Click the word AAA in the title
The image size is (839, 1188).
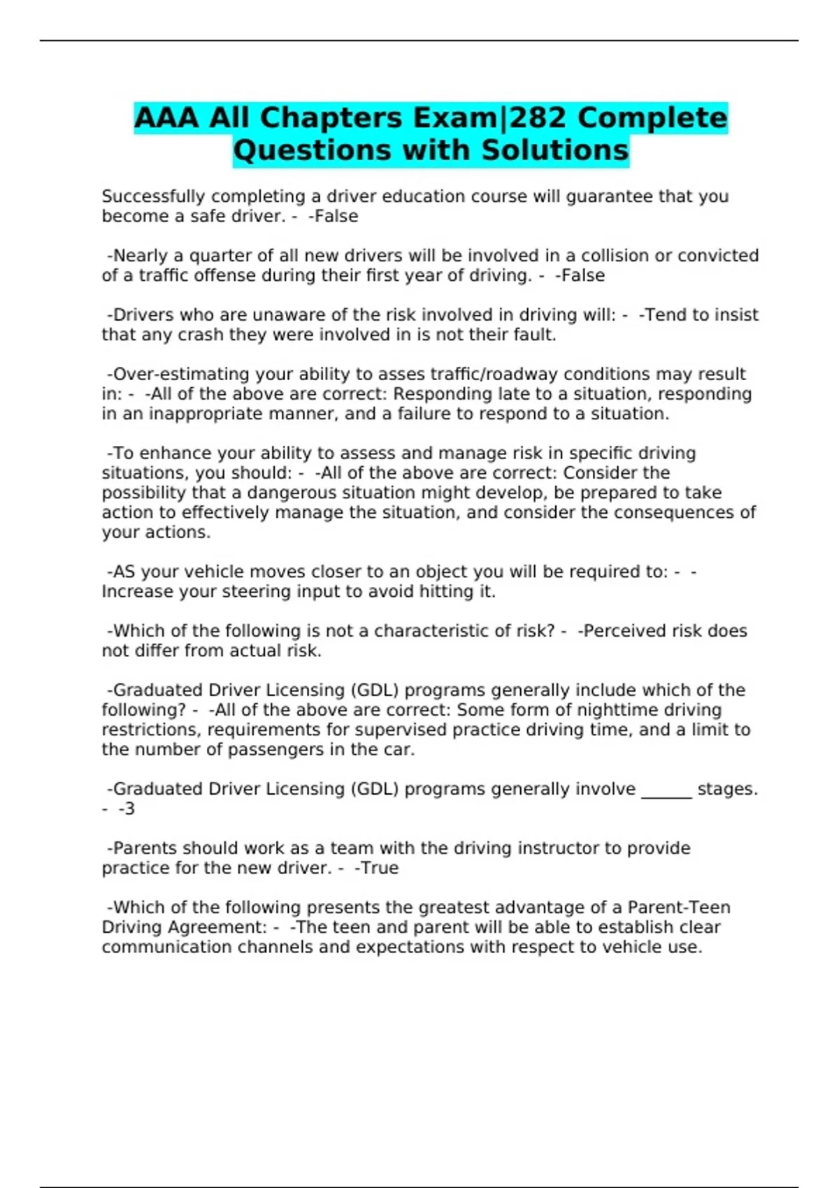click(166, 117)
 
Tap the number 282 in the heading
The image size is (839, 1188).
click(537, 117)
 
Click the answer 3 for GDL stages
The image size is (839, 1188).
click(130, 809)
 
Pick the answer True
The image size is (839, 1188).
click(380, 868)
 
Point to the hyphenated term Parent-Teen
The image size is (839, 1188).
click(679, 908)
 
